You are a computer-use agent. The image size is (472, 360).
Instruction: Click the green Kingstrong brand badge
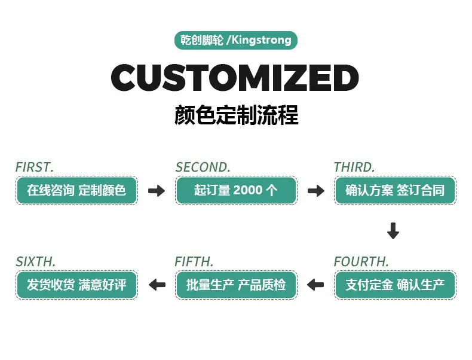click(x=236, y=41)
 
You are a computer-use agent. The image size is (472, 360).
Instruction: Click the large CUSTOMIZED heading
click(x=235, y=78)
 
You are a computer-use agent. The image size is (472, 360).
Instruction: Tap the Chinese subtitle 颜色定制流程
click(x=236, y=115)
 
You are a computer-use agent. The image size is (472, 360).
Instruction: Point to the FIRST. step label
click(x=35, y=167)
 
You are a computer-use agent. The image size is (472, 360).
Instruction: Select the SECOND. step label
click(x=203, y=167)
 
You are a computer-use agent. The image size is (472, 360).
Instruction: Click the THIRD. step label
click(x=354, y=167)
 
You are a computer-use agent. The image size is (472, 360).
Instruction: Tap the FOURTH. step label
click(x=361, y=262)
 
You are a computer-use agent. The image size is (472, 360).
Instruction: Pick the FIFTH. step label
click(x=194, y=262)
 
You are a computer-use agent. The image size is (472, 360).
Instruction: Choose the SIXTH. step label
click(x=36, y=262)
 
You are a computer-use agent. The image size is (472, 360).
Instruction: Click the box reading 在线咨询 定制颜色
click(x=76, y=191)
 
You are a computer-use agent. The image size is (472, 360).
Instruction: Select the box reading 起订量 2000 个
click(x=236, y=191)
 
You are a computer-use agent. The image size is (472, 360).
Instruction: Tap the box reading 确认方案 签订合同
click(x=395, y=191)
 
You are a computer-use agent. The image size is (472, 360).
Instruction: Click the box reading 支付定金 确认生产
click(x=395, y=285)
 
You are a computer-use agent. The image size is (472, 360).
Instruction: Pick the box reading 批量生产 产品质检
click(x=236, y=285)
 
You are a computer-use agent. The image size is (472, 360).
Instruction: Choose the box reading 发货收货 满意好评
click(x=76, y=285)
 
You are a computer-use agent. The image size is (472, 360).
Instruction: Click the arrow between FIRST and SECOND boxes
click(x=157, y=191)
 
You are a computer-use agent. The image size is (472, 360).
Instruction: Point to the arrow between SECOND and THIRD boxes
click(x=316, y=191)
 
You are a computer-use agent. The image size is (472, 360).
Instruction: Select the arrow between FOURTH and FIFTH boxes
click(x=315, y=285)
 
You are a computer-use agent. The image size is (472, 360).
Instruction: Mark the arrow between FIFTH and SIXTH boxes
click(x=157, y=285)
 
